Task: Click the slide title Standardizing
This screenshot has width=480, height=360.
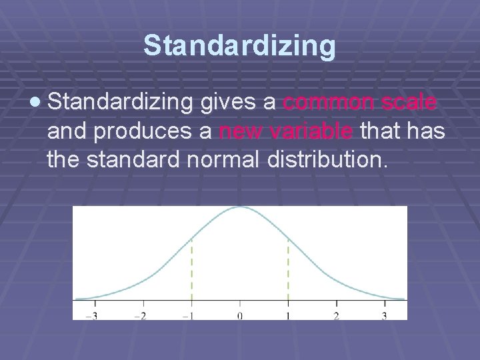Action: (x=239, y=46)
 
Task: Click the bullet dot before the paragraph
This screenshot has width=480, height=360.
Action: (x=35, y=103)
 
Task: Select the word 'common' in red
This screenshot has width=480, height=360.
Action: (x=322, y=103)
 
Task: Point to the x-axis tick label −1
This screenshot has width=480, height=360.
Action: (x=190, y=315)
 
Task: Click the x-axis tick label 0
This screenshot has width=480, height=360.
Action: (x=240, y=315)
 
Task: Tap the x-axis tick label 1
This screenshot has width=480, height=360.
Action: (x=288, y=315)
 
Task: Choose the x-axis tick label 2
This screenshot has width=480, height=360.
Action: (x=336, y=315)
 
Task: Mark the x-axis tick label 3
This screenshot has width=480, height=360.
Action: (x=384, y=315)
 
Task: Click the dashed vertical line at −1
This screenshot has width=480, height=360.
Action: (x=192, y=270)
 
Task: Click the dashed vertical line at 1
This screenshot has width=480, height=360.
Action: (x=288, y=270)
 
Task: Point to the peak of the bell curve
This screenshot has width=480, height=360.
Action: (x=240, y=207)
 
